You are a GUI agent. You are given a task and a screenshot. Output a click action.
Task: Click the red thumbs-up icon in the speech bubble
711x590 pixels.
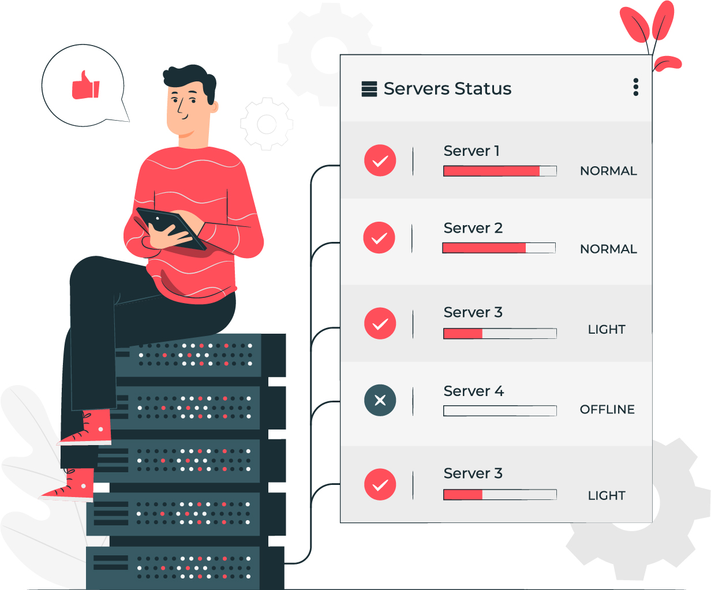click(x=85, y=85)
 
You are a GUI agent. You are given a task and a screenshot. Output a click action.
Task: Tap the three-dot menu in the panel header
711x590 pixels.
click(x=635, y=87)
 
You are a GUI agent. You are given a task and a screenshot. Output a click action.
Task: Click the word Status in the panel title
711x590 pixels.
click(x=483, y=88)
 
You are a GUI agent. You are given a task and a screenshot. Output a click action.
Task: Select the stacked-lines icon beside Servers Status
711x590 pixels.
click(x=369, y=89)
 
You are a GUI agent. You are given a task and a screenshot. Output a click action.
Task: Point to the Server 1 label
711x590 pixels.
click(x=471, y=151)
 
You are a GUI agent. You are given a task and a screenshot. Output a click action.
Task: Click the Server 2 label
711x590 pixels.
click(x=473, y=228)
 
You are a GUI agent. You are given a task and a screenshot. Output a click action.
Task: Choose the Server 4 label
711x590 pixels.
click(x=474, y=391)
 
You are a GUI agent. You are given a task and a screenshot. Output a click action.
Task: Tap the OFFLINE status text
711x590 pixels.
click(x=607, y=409)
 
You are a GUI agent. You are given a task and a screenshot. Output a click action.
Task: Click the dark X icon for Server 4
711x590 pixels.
click(x=380, y=400)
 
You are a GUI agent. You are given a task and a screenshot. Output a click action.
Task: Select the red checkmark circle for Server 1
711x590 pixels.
click(x=380, y=160)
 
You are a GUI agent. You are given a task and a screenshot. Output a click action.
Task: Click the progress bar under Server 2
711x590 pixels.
click(x=499, y=248)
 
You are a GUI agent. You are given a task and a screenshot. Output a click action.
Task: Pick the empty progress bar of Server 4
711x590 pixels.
click(x=500, y=410)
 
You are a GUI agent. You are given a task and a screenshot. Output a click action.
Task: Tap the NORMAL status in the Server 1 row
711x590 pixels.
click(x=608, y=171)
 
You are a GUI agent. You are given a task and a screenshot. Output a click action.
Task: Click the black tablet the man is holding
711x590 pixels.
click(x=171, y=227)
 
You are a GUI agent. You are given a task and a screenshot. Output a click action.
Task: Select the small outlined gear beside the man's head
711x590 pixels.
click(x=267, y=124)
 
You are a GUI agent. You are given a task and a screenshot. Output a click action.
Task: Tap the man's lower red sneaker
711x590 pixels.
click(x=68, y=487)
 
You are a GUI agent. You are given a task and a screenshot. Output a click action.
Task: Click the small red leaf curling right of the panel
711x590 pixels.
click(x=668, y=64)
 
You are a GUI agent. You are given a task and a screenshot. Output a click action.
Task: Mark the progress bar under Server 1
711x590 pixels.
click(x=500, y=171)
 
